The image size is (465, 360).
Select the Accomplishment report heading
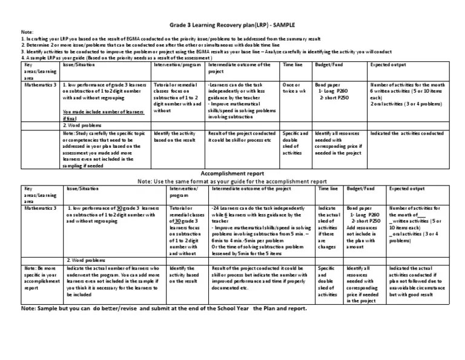pyautogui.click(x=232, y=174)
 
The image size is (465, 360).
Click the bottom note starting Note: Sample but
pyautogui.click(x=163, y=308)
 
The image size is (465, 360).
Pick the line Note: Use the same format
pyautogui.click(x=232, y=181)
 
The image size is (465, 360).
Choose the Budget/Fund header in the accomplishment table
pyautogui.click(x=360, y=189)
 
